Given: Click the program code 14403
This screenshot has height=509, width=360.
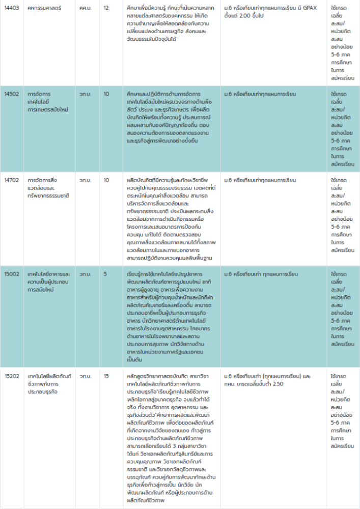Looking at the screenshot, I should click(11, 9).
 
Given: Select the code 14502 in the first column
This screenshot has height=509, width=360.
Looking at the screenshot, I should click(11, 94).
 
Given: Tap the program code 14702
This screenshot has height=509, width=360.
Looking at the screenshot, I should click(11, 180).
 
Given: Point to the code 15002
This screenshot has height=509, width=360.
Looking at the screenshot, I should click(11, 274).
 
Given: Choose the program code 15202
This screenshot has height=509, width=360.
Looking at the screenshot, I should click(11, 376).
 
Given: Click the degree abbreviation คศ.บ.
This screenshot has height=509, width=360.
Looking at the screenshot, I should click(85, 9).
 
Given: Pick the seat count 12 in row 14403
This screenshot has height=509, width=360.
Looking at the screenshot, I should click(106, 9).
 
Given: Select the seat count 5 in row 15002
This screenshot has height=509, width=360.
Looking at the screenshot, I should click(105, 274).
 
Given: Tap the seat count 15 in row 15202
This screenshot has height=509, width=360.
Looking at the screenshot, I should click(106, 376).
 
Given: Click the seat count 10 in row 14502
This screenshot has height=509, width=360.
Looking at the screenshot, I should click(106, 94).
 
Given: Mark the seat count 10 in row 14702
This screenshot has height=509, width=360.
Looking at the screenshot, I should click(106, 180).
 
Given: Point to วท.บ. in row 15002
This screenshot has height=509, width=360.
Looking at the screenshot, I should click(85, 274).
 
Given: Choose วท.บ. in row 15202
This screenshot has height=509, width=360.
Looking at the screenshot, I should click(85, 376).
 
